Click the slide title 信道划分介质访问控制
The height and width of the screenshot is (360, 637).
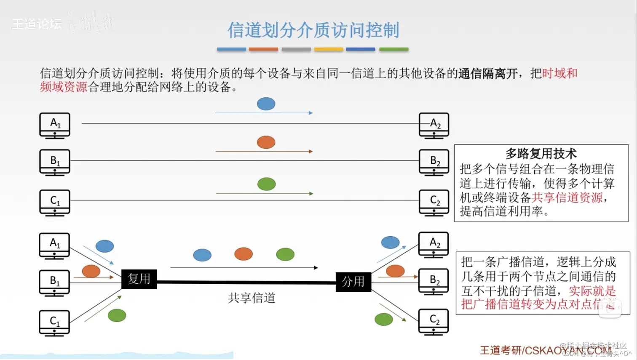point(313,30)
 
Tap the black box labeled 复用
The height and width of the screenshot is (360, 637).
point(139,279)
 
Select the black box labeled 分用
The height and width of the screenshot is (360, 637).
point(353,282)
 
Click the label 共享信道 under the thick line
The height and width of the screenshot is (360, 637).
point(252,298)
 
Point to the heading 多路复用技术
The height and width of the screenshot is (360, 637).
point(541,154)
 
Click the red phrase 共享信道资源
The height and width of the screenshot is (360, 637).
point(567,197)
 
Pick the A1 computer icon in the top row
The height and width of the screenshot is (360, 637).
point(55,125)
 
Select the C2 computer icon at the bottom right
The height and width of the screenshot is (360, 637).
point(434,322)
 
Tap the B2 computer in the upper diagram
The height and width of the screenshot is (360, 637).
point(434,162)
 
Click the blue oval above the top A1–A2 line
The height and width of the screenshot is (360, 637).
point(266,104)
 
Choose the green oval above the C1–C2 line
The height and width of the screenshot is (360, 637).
point(266,184)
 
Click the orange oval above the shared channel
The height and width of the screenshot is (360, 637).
point(244,254)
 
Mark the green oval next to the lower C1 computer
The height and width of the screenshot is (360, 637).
point(117,315)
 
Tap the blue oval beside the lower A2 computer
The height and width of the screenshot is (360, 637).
point(390,242)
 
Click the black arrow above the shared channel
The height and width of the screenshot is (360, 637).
point(244,267)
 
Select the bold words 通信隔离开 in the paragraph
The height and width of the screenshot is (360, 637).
point(488,74)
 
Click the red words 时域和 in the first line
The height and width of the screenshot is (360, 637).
point(559,73)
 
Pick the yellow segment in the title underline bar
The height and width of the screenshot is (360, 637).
point(329,49)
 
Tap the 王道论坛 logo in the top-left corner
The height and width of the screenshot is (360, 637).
point(37,24)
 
